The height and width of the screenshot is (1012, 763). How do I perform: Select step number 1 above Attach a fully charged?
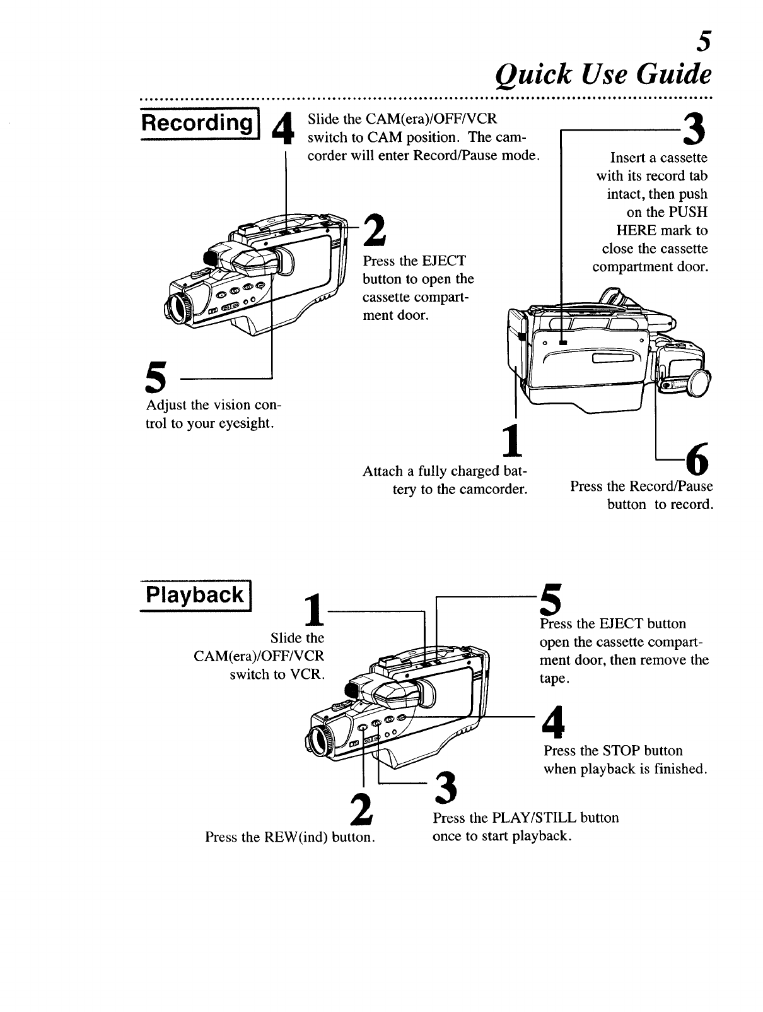[514, 441]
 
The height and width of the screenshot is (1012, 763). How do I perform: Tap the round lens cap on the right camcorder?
[700, 383]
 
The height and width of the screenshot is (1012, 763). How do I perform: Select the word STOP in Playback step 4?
[622, 751]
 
